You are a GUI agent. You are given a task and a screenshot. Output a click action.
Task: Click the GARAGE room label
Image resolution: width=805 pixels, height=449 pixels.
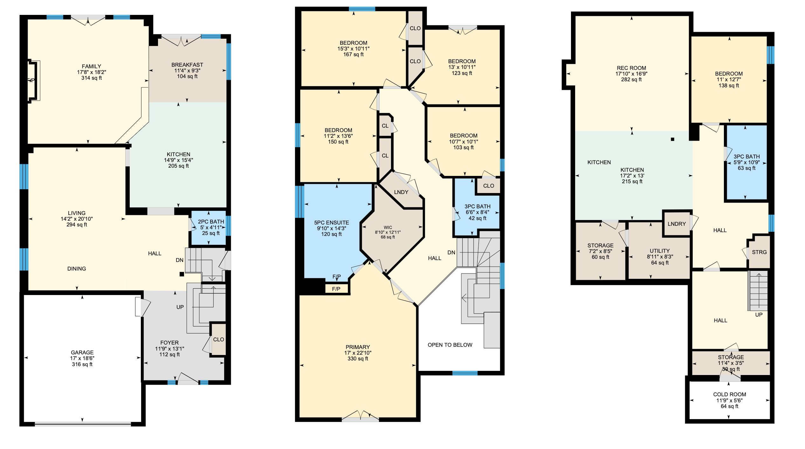(x=82, y=352)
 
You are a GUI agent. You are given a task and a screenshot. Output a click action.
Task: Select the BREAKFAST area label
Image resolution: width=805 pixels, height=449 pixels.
(x=187, y=65)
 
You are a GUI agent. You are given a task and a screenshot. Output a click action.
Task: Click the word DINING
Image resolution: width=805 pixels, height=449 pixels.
(x=77, y=269)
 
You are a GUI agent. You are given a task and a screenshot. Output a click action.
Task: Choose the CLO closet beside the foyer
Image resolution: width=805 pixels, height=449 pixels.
(x=218, y=339)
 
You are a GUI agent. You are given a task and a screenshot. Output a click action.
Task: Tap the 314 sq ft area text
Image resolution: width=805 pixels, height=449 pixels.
(x=92, y=78)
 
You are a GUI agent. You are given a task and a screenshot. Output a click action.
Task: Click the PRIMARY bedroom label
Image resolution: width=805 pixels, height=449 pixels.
(x=358, y=347)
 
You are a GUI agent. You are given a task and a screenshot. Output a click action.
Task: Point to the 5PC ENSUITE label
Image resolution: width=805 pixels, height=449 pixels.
(x=332, y=223)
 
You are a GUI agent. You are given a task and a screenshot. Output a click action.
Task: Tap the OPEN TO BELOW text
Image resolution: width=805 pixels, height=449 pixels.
(x=450, y=345)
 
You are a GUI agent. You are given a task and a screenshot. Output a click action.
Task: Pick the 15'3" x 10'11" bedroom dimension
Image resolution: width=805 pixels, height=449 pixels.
(x=354, y=49)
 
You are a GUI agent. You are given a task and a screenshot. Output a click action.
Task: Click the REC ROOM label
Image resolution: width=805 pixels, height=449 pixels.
(x=631, y=68)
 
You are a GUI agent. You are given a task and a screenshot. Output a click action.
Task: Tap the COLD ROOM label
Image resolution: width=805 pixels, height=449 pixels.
(x=729, y=394)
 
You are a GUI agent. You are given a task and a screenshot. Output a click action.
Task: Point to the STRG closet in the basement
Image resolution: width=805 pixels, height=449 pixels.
(x=759, y=252)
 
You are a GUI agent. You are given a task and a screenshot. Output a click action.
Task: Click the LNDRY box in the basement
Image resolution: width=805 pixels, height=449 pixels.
(x=677, y=224)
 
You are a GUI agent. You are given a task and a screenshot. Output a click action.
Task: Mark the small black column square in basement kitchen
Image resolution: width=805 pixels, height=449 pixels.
(x=672, y=139)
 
